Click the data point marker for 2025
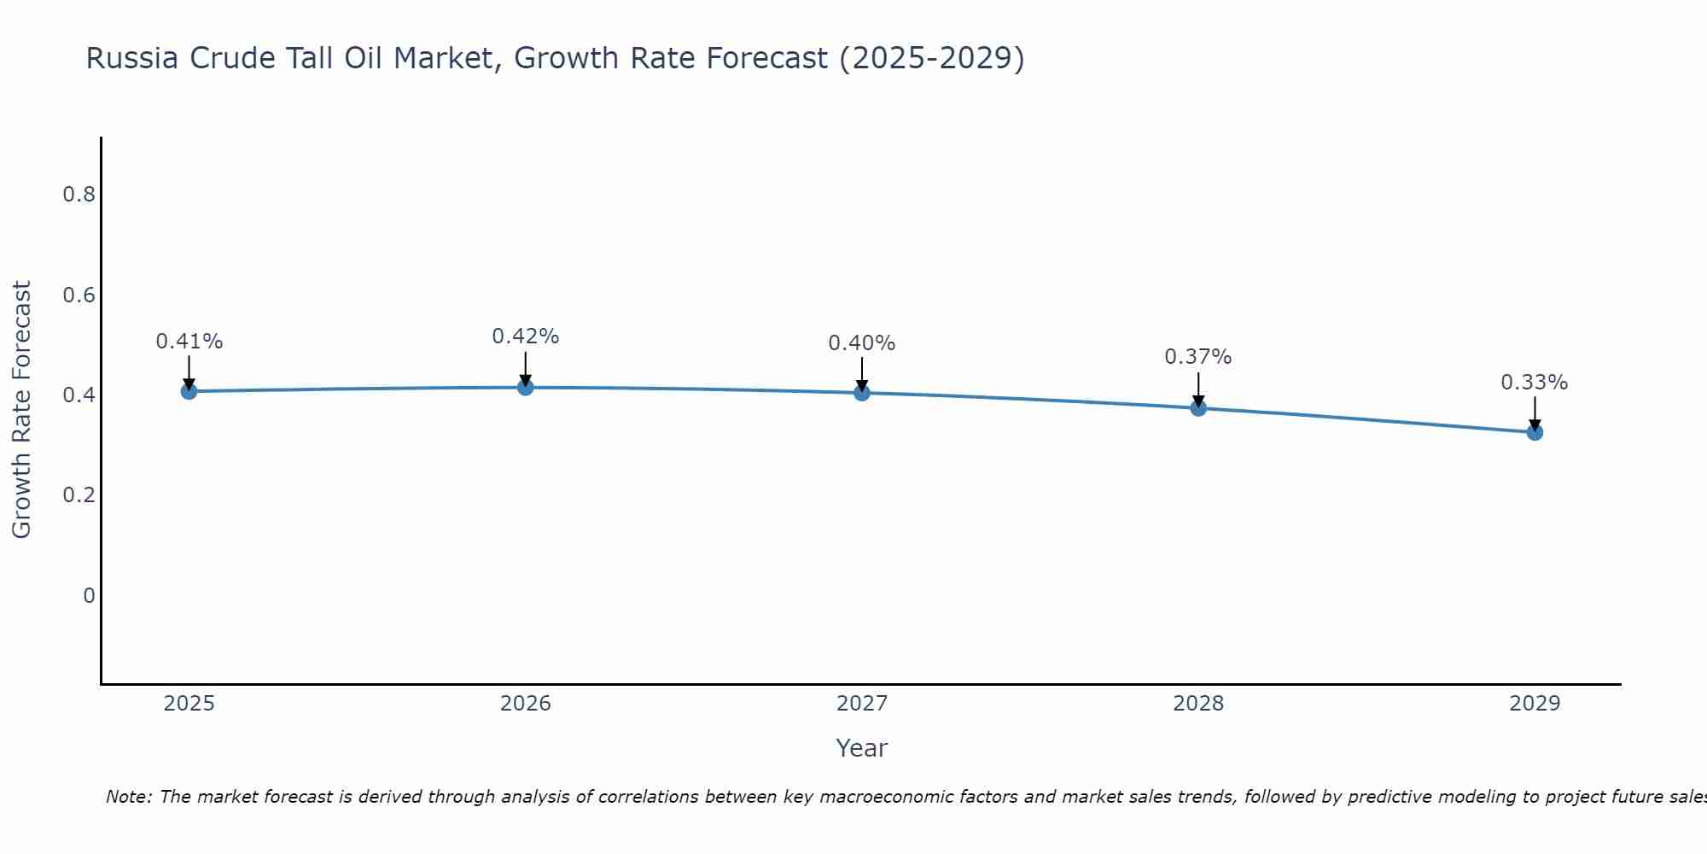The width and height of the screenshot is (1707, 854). [189, 391]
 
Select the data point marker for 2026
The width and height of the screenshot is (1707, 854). [525, 388]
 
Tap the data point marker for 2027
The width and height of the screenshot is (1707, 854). [862, 393]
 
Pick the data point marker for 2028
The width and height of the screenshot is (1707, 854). [1198, 408]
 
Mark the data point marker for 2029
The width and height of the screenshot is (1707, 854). [1535, 432]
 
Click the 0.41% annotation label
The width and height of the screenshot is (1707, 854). [189, 342]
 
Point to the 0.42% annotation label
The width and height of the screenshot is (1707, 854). [525, 336]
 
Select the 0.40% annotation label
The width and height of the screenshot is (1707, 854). [862, 343]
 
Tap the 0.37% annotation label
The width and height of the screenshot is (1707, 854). [1198, 357]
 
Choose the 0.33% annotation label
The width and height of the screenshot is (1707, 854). [1535, 383]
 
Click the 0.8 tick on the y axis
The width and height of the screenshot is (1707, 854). [79, 195]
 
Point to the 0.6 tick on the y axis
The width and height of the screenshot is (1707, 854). [79, 295]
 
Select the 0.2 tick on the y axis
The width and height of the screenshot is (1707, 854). [79, 495]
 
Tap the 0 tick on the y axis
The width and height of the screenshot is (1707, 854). [89, 595]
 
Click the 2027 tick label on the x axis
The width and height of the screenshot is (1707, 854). [862, 704]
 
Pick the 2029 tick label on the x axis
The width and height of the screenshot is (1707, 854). [1535, 704]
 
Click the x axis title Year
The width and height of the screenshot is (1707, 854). [862, 748]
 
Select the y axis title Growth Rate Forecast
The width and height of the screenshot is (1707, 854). [21, 410]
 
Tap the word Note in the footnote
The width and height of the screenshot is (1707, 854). [128, 797]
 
